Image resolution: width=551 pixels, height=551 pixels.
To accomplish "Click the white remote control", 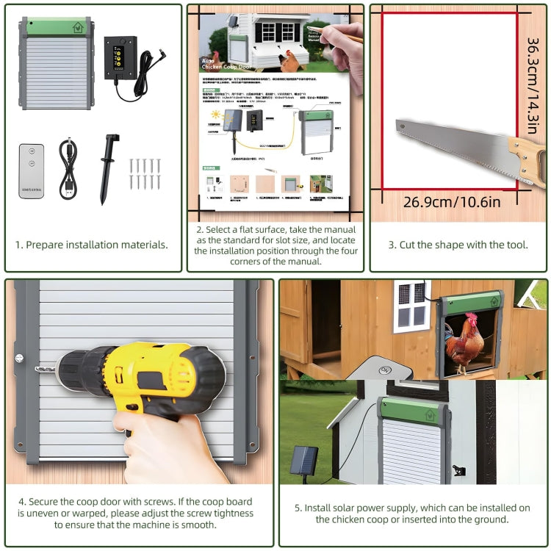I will coord(31,171).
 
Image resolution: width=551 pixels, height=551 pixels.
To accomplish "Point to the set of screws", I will coord(144,173).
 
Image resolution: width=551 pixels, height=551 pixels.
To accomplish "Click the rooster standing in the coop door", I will coord(464,343).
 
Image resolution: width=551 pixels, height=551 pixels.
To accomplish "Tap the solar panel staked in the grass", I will coord(303,461).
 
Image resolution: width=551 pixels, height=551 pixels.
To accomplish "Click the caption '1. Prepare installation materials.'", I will coord(92,245).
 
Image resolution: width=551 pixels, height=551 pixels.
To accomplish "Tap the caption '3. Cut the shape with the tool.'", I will coord(458,245).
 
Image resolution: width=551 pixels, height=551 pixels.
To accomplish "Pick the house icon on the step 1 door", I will coord(77,27).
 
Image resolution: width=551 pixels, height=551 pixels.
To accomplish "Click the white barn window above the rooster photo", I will coord(411,303).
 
